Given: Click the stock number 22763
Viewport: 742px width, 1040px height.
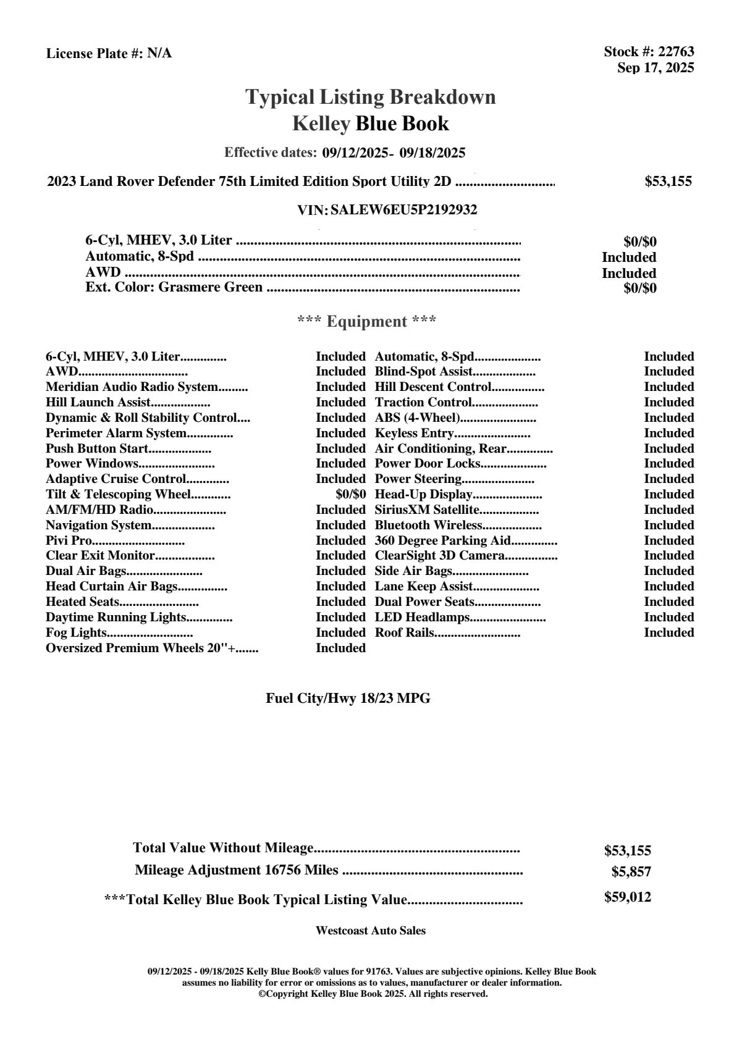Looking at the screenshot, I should (676, 52).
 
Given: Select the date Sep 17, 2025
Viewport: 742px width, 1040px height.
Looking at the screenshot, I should (656, 67).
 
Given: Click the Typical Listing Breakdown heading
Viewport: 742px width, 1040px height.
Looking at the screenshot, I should (371, 97).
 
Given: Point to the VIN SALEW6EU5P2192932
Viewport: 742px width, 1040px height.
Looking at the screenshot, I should (403, 210).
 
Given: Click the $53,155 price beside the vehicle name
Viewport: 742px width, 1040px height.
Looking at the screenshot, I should (668, 182).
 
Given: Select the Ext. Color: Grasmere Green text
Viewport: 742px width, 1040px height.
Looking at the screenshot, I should (174, 287).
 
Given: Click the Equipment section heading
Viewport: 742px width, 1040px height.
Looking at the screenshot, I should (367, 321).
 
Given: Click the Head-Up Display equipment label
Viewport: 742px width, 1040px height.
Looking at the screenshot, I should (423, 494).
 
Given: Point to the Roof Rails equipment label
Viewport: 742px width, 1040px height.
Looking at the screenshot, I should (404, 632).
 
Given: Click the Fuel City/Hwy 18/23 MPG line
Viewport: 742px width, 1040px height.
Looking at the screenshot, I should (348, 698).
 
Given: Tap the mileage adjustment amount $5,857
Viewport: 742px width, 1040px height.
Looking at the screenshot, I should (631, 872).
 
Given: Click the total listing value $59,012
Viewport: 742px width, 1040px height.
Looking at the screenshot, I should (627, 897).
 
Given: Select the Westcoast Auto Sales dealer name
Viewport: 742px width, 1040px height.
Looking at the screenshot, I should (370, 931).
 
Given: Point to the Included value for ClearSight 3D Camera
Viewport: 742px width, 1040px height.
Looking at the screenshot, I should (668, 556).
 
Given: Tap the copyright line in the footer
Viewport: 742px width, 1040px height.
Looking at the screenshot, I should (373, 994).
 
